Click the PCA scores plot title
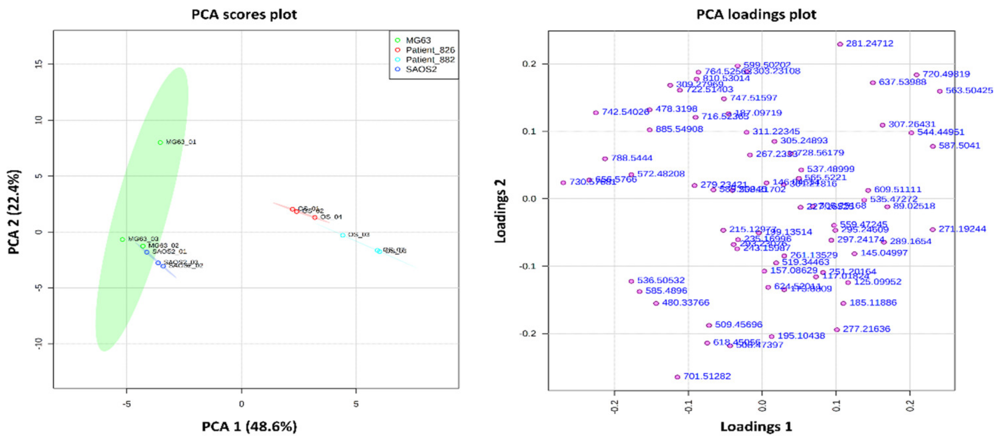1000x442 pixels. (244, 15)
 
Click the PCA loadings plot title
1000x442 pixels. (756, 15)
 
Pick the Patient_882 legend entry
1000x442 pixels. (430, 60)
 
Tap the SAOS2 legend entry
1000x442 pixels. (421, 70)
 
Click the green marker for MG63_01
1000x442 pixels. (160, 142)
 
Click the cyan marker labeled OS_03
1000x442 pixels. (342, 235)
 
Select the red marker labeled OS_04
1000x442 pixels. (315, 217)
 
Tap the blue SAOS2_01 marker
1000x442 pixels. (147, 252)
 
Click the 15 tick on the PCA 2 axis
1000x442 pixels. (39, 64)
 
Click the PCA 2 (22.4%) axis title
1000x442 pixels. (14, 212)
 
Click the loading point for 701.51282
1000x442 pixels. (677, 377)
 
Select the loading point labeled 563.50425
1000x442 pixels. (939, 91)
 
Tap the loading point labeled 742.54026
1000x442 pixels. (596, 112)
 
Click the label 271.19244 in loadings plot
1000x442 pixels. (962, 229)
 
